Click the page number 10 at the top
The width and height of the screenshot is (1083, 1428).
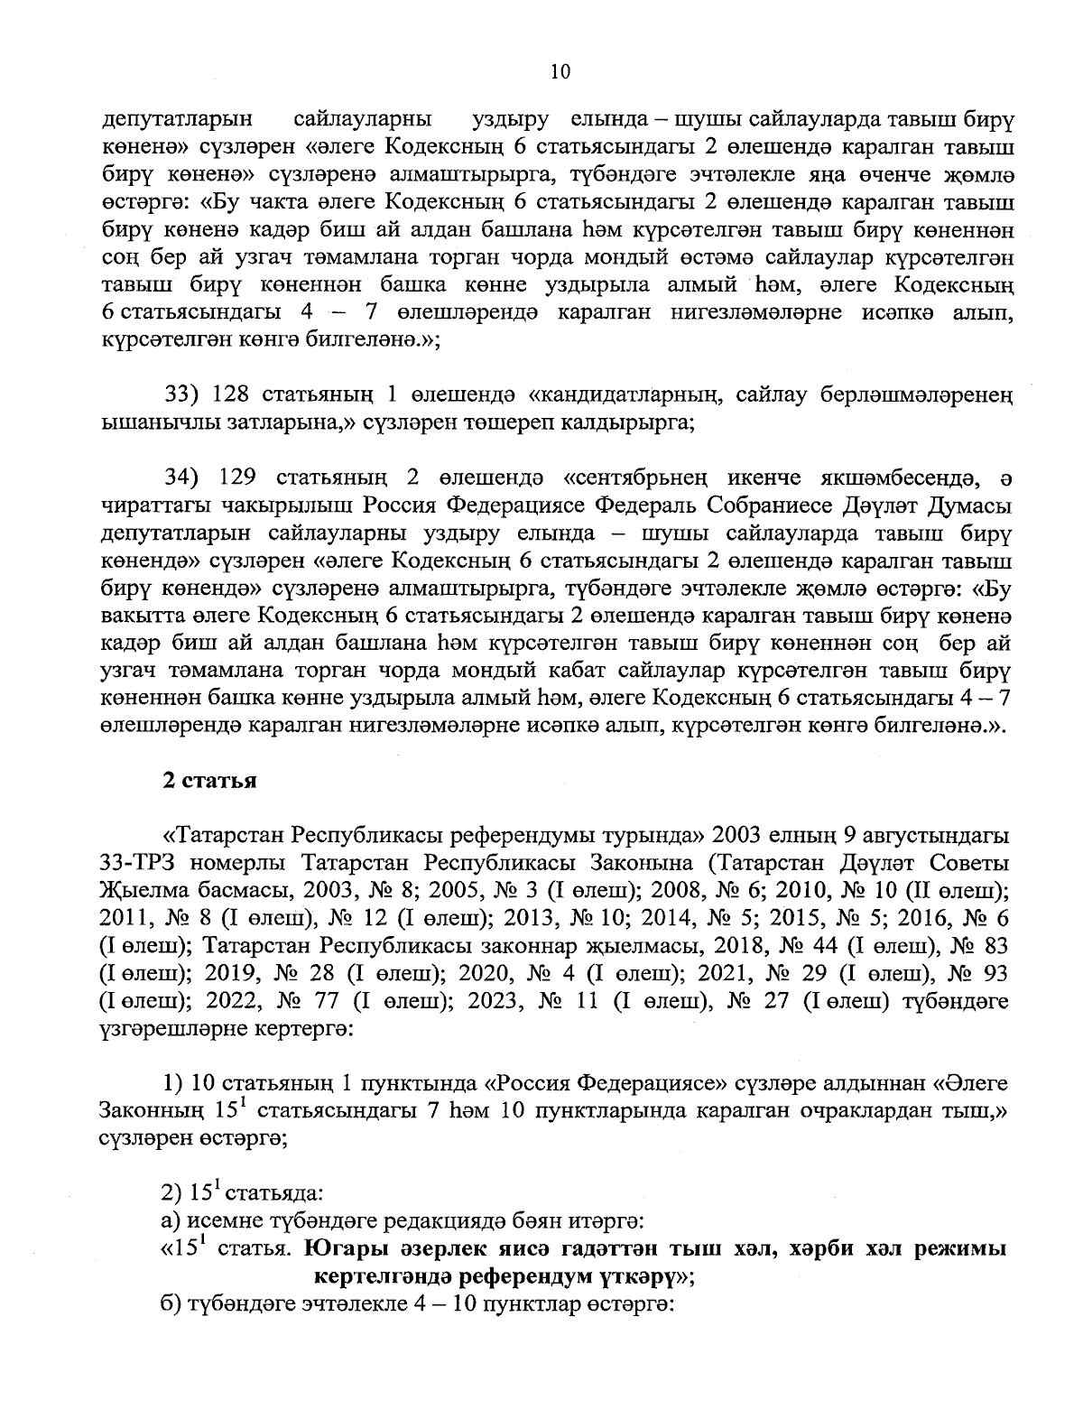[560, 73]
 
